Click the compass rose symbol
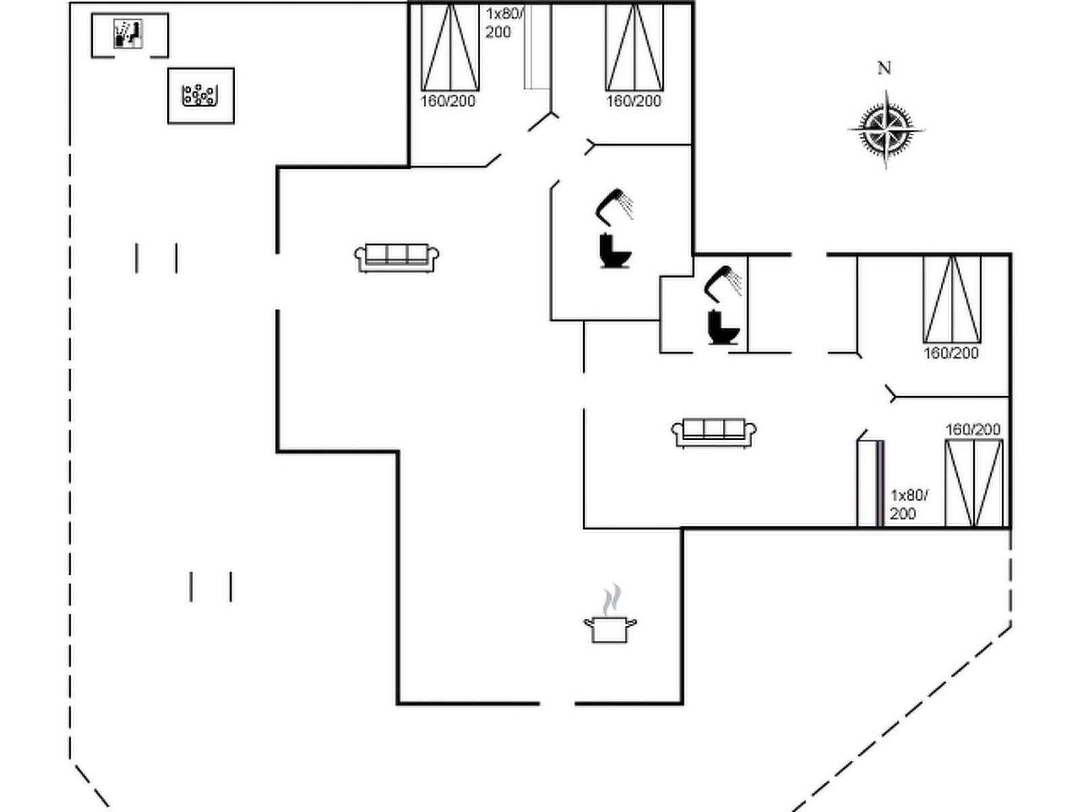point(885,130)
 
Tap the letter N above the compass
point(884,68)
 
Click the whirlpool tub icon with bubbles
point(200,95)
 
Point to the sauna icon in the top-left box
point(129,34)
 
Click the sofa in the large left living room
point(397,258)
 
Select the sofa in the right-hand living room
point(713,433)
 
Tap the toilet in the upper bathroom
point(615,250)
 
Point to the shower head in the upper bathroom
point(614,206)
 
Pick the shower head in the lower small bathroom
point(722,284)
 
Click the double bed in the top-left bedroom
point(450,47)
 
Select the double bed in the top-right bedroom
point(634,47)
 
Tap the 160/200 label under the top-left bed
point(447,101)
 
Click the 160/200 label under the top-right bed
point(634,101)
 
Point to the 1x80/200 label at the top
point(504,23)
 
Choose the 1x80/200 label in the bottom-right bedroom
point(909,504)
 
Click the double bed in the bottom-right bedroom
point(974,483)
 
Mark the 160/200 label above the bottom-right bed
point(973,430)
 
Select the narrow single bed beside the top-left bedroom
point(537,47)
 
